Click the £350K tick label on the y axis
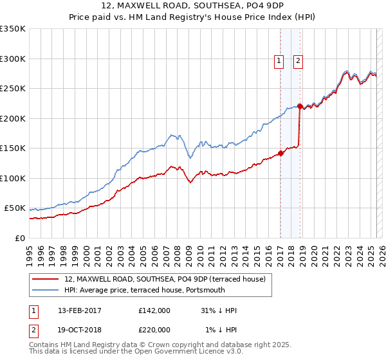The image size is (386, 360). coord(13,29)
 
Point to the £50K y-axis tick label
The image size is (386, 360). coord(15,208)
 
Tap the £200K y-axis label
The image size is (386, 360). coord(13,118)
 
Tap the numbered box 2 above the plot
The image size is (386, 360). coord(299,61)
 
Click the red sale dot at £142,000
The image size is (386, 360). coord(280,153)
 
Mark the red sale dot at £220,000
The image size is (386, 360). coord(300,106)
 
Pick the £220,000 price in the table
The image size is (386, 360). coord(154,330)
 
